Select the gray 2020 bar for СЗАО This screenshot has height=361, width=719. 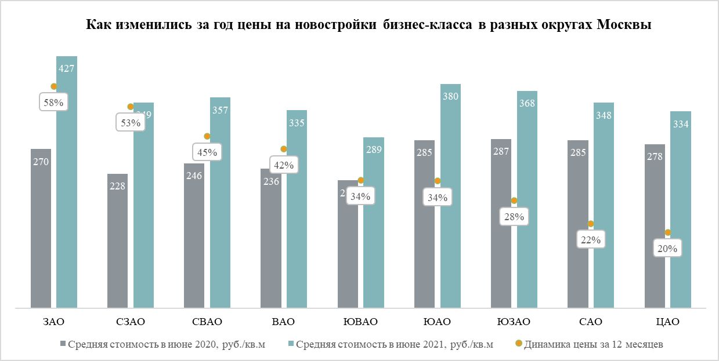(x=117, y=243)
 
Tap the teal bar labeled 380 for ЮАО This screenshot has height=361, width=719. (x=450, y=197)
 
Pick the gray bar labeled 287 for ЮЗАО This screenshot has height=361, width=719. (x=501, y=226)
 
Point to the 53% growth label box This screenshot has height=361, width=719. (x=131, y=122)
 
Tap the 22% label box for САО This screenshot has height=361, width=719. (x=591, y=239)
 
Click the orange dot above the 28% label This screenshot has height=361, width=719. (x=514, y=200)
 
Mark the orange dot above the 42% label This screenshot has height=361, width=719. (x=284, y=149)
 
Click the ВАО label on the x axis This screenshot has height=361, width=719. (x=283, y=322)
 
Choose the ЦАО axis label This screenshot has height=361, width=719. (x=667, y=322)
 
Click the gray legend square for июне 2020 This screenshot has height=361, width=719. (x=63, y=344)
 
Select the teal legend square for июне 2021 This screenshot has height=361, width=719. (x=291, y=344)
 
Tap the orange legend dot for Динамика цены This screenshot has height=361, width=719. (x=518, y=344)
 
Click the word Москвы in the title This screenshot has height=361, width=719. (x=624, y=25)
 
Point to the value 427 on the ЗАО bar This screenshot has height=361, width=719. (x=67, y=68)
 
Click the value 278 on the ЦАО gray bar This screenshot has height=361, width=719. (x=655, y=156)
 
